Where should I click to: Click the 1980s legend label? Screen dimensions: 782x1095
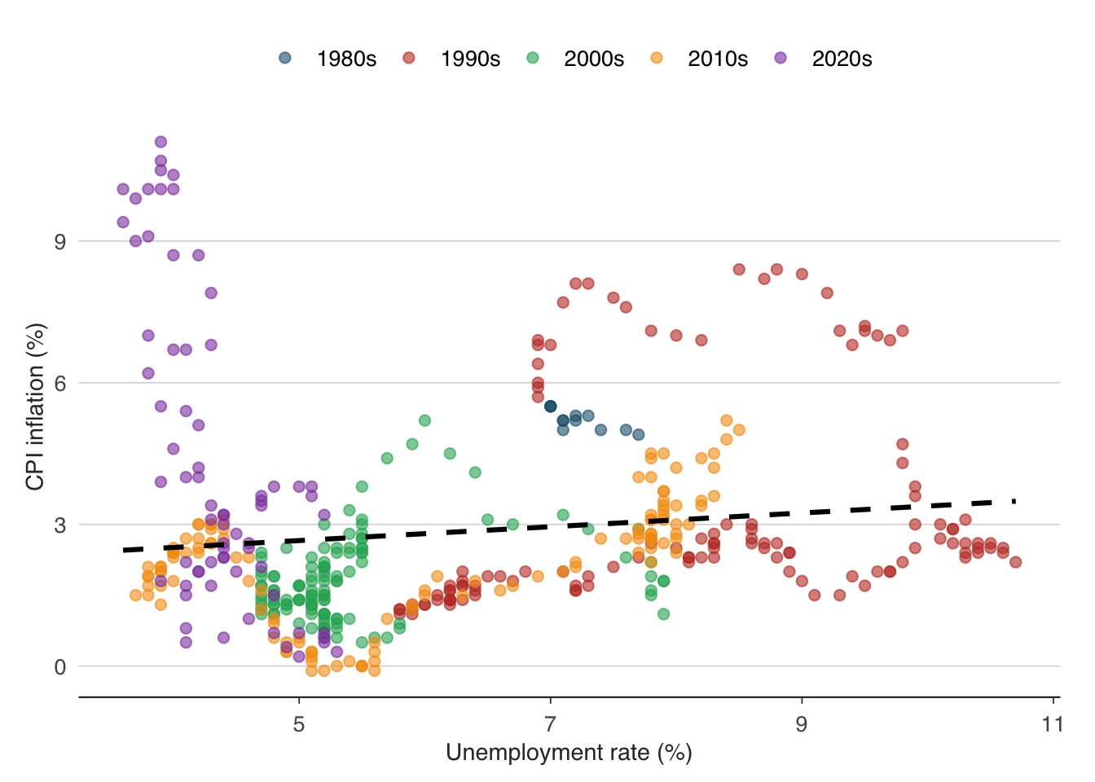[x=346, y=59]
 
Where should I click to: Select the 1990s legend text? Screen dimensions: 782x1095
[x=470, y=59]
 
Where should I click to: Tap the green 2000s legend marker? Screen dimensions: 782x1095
[x=532, y=58]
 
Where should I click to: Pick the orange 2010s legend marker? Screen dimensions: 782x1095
[x=656, y=58]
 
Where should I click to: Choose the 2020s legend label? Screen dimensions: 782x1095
[x=842, y=59]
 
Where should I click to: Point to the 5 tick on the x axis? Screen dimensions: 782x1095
[x=299, y=724]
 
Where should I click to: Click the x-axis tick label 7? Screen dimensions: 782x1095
[x=551, y=724]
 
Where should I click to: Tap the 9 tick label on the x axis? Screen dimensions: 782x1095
[x=802, y=724]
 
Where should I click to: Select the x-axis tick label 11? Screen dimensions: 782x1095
[x=1053, y=724]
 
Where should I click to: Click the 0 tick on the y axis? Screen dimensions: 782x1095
[x=60, y=666]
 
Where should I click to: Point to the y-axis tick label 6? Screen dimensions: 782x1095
[x=60, y=383]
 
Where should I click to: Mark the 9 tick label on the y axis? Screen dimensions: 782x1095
[x=60, y=241]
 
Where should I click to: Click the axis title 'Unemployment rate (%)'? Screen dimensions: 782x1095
[x=569, y=753]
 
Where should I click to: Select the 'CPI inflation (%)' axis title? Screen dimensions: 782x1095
[x=35, y=406]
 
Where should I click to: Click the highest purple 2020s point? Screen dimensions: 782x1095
[x=161, y=142]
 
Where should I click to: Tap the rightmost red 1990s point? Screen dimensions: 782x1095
[x=1015, y=562]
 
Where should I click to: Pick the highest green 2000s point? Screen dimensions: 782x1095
[x=424, y=420]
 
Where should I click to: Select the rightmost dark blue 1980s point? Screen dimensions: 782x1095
[x=639, y=434]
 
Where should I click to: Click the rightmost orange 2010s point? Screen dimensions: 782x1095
[x=739, y=429]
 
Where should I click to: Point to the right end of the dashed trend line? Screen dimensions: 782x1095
[x=1015, y=501]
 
